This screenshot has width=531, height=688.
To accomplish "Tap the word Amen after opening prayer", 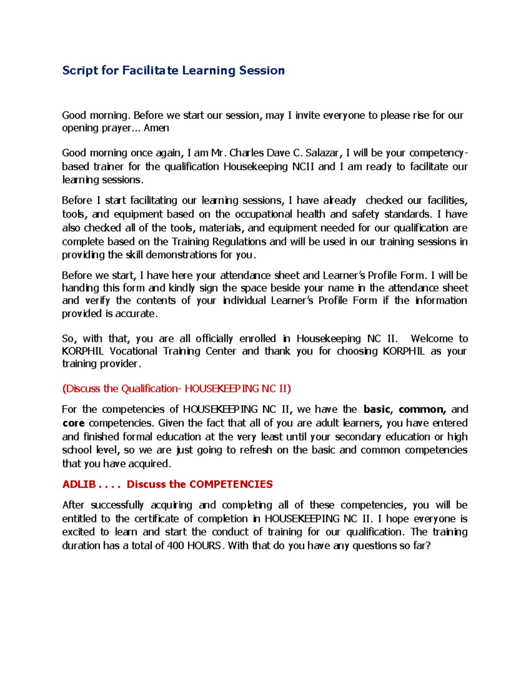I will click(x=156, y=128).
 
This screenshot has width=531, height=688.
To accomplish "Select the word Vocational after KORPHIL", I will click(x=134, y=351).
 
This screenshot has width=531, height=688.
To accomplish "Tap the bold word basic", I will click(x=377, y=409).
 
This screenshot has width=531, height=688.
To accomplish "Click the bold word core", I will click(x=73, y=423).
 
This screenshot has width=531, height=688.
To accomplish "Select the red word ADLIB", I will click(x=79, y=484).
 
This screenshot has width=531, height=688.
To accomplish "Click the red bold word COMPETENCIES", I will click(x=231, y=484).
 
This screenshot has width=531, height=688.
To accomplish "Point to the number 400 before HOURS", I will click(x=176, y=546).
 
